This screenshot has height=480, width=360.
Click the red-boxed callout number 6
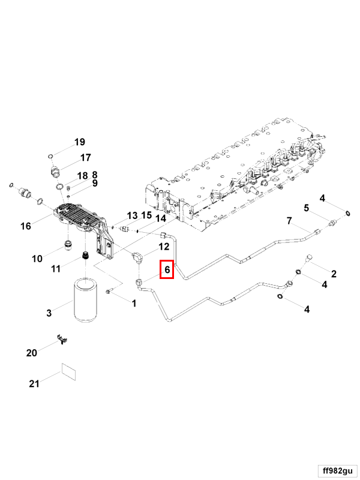[167, 271]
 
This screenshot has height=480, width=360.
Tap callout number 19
[80, 142]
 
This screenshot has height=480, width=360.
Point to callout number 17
[85, 158]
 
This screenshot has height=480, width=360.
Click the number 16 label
[25, 226]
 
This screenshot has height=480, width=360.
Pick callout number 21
[34, 383]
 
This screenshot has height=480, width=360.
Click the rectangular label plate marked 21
[70, 372]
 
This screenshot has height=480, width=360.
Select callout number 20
[31, 353]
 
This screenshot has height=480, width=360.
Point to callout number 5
[305, 208]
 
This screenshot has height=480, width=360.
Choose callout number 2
[334, 274]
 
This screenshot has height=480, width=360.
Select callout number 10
[37, 259]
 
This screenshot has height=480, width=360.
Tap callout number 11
[55, 269]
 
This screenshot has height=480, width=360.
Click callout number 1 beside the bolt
[134, 304]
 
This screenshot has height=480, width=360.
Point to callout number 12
[163, 246]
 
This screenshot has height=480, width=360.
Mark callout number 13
[132, 215]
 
